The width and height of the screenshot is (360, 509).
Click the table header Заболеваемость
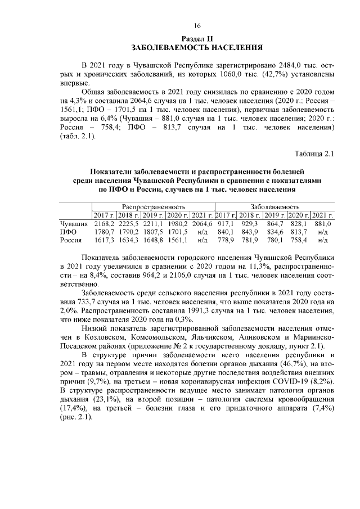(x=275, y=206)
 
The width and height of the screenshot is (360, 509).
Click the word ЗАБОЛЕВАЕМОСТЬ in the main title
(x=168, y=48)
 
